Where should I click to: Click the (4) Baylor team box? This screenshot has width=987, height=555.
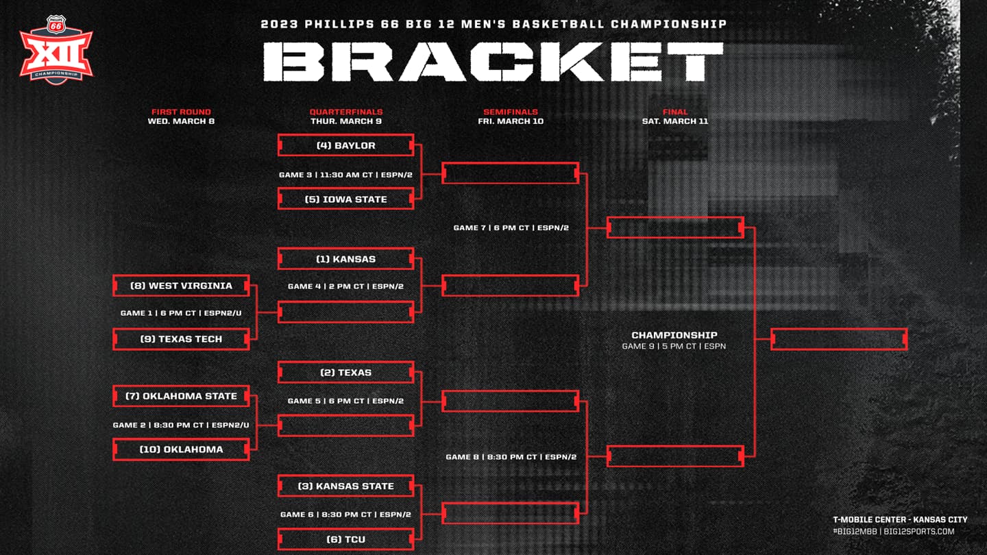point(346,145)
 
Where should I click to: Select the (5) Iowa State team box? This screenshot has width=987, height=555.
point(346,199)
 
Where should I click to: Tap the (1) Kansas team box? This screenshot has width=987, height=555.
point(346,258)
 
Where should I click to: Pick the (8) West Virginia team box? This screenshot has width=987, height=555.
point(181,286)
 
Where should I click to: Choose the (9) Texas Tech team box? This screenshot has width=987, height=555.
point(181,338)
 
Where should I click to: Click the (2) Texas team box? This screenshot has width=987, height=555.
point(346,372)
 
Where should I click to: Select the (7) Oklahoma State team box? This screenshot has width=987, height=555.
point(181,396)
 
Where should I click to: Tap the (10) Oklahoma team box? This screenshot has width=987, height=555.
point(181,449)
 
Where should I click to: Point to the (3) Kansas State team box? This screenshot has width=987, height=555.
point(346,486)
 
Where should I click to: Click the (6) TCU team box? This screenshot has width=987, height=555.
point(346,539)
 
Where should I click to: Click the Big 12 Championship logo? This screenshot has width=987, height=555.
point(56,50)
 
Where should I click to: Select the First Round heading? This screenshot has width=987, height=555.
point(181,112)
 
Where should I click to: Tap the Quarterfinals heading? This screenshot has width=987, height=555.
point(346,112)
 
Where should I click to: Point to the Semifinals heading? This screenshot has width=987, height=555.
point(511,112)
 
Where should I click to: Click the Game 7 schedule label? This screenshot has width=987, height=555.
point(511,227)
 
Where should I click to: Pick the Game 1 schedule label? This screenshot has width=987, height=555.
point(181,312)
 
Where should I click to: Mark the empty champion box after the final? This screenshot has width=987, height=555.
point(839,339)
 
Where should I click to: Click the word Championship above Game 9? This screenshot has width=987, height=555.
point(674,335)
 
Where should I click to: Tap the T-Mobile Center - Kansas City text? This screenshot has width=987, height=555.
point(900,520)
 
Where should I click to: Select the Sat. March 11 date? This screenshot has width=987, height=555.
point(675,121)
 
